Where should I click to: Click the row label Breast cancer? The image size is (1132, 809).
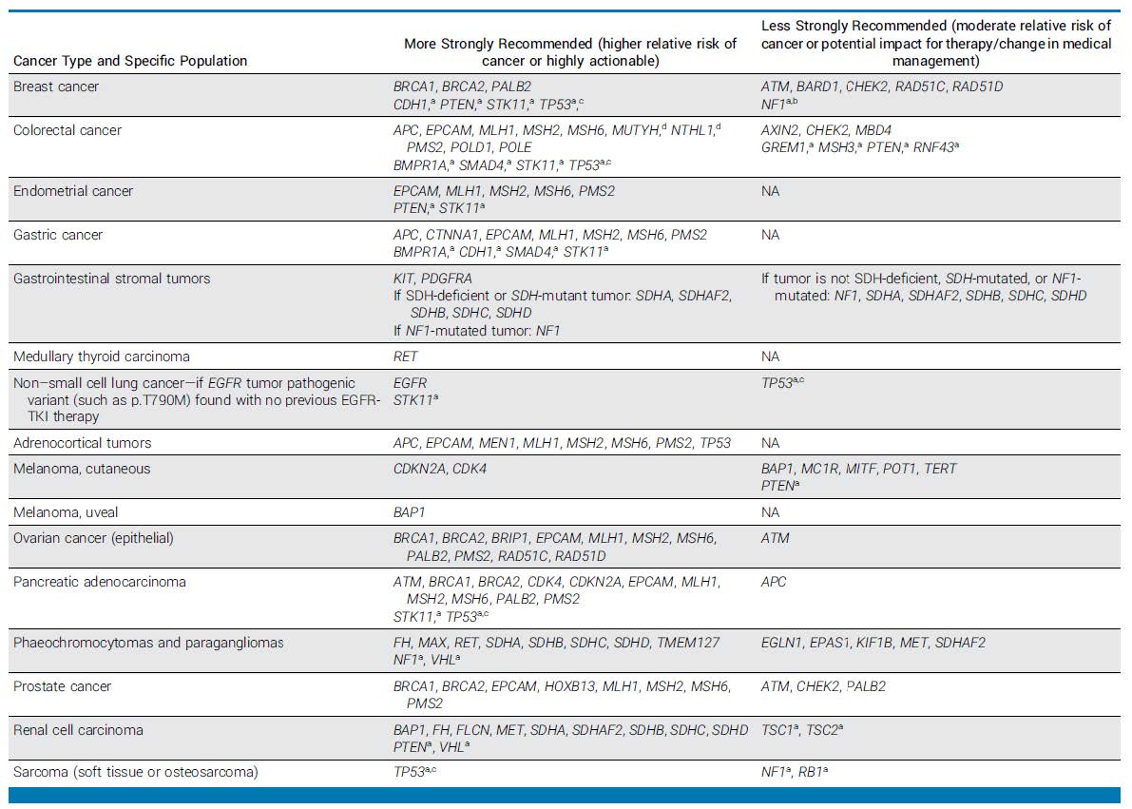tap(56, 87)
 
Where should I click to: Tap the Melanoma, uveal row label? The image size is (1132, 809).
tap(66, 512)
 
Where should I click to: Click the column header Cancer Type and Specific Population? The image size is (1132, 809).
tap(130, 61)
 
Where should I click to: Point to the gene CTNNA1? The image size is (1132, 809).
tap(455, 235)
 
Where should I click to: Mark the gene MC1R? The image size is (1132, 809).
tap(820, 469)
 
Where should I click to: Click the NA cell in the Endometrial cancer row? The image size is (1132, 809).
tap(770, 191)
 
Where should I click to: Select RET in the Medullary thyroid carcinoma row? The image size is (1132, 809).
tap(406, 356)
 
